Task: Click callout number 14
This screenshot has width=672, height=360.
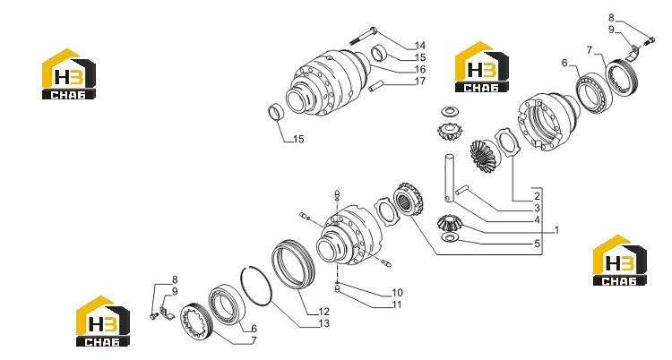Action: [420, 46]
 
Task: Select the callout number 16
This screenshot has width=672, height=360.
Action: [420, 69]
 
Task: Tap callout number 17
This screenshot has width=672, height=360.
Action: [420, 81]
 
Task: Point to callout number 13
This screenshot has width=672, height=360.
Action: [323, 323]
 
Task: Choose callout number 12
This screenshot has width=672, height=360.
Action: [323, 312]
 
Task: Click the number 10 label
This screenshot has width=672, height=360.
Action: [397, 292]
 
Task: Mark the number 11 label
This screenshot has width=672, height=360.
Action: [397, 304]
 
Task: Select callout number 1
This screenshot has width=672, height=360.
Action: [556, 230]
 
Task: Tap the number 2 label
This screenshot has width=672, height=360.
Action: [537, 196]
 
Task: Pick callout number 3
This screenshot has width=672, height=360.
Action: [537, 209]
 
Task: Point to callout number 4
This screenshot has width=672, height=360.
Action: [537, 220]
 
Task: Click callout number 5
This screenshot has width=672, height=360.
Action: [537, 244]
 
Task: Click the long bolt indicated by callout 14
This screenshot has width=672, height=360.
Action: [364, 36]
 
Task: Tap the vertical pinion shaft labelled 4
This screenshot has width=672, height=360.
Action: [449, 177]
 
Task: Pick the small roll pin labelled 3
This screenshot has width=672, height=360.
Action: [463, 190]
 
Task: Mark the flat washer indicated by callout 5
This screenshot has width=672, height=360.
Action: [448, 237]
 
